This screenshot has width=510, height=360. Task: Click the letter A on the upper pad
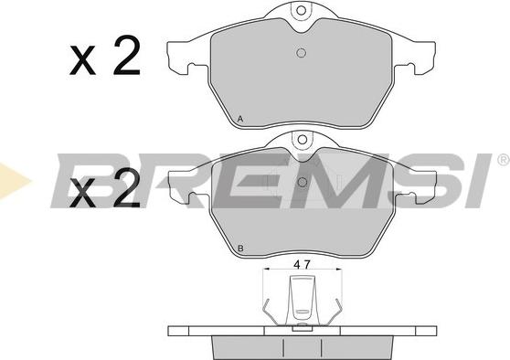pyautogui.click(x=240, y=119)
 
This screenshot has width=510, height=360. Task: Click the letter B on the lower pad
pyautogui.click(x=240, y=249)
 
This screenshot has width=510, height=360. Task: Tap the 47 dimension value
pyautogui.click(x=303, y=265)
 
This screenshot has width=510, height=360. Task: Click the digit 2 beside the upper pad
pyautogui.click(x=126, y=56)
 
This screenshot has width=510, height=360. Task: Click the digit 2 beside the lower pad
pyautogui.click(x=126, y=187)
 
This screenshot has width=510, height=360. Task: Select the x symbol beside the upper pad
pyautogui.click(x=82, y=61)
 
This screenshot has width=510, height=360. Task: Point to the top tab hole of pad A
pyautogui.click(x=302, y=10)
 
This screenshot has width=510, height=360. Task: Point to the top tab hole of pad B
pyautogui.click(x=303, y=140)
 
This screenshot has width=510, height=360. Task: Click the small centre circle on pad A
pyautogui.click(x=302, y=53)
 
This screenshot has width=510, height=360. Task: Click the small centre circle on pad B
pyautogui.click(x=303, y=183)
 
